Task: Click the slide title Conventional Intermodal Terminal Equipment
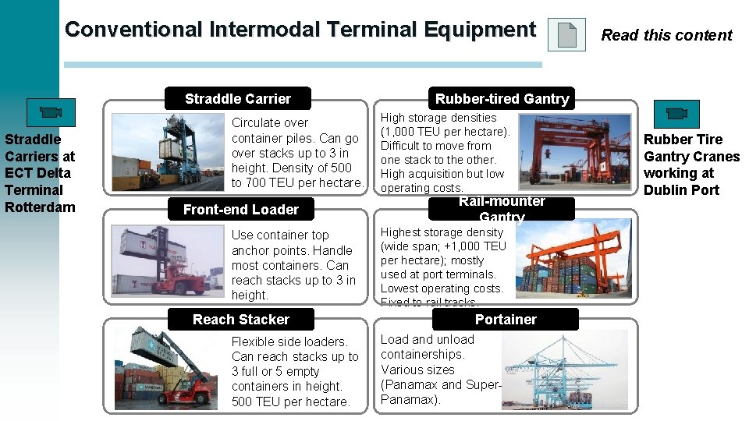[x=300, y=30]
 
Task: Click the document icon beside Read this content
[x=566, y=35]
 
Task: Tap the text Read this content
[x=666, y=35]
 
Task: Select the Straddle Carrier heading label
[x=237, y=99]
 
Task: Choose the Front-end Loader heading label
[x=240, y=210]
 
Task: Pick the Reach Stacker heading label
[x=240, y=320]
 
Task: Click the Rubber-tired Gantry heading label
[x=502, y=99]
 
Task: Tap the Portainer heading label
[x=506, y=320]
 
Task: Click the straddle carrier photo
[x=167, y=152]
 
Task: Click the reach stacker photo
[x=167, y=368]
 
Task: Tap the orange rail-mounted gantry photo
[x=574, y=256]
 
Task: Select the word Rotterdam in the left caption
[x=40, y=207]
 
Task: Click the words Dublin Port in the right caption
[x=681, y=190]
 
